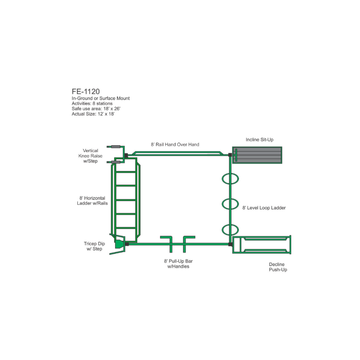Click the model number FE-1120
click(85, 91)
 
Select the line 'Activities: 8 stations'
click(92, 103)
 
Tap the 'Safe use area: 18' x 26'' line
click(96, 108)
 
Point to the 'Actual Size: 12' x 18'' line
click(93, 114)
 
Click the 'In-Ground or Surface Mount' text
click(100, 98)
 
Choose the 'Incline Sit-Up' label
click(260, 139)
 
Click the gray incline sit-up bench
click(257, 155)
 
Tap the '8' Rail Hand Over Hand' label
click(175, 144)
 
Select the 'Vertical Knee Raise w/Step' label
click(90, 156)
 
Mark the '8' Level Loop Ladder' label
click(264, 208)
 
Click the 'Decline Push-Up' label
click(278, 267)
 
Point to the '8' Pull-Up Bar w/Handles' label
click(178, 264)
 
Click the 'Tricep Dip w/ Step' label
click(94, 246)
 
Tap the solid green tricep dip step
click(119, 244)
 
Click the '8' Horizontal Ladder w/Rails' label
click(92, 201)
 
